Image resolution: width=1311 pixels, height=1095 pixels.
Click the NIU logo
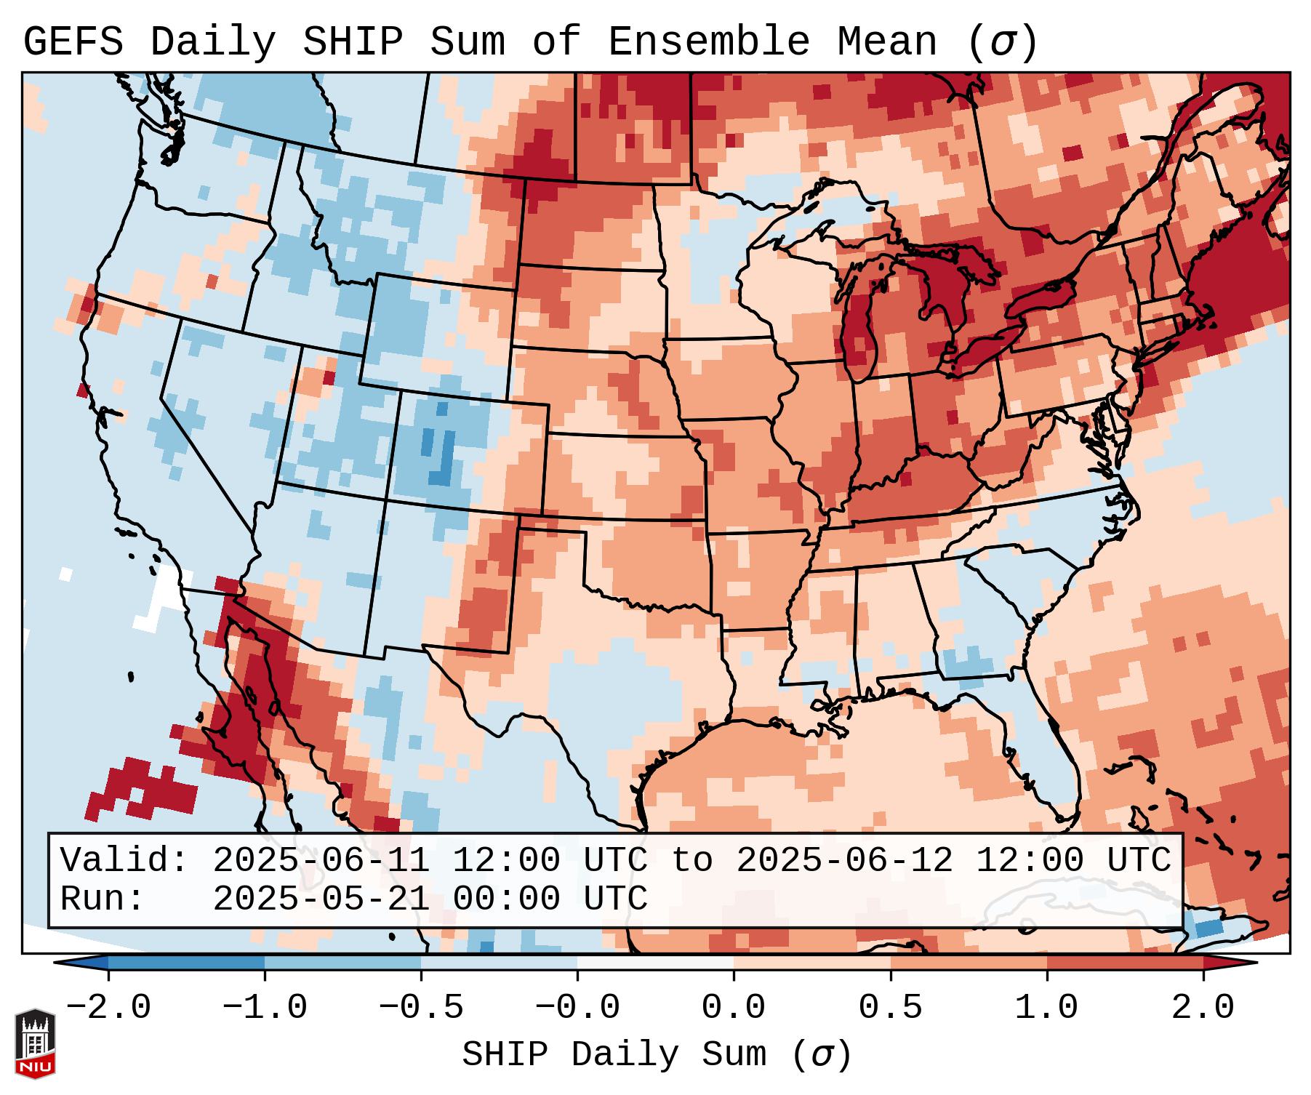35,1043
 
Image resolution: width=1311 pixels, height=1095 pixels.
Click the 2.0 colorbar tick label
1203,1008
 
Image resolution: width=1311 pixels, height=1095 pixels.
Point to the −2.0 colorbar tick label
108,1008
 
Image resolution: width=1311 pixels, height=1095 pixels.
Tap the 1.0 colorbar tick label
1046,1008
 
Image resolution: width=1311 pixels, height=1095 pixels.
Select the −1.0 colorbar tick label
265,1008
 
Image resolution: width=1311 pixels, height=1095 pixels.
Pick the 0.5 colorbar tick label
890,1008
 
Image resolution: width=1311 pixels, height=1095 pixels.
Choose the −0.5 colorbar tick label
421,1008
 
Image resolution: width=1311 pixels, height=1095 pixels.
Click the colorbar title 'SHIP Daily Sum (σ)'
656,1054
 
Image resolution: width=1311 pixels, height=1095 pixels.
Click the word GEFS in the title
73,42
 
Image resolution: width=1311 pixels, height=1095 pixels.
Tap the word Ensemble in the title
708,42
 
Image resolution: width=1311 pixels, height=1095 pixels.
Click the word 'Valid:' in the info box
124,861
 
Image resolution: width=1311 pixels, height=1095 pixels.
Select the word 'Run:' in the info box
103,899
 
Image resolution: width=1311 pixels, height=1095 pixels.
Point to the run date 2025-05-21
321,899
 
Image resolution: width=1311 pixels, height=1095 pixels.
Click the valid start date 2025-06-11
321,861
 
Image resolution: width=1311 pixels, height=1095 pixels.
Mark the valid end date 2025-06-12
844,861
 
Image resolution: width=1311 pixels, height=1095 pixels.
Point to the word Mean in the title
886,42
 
